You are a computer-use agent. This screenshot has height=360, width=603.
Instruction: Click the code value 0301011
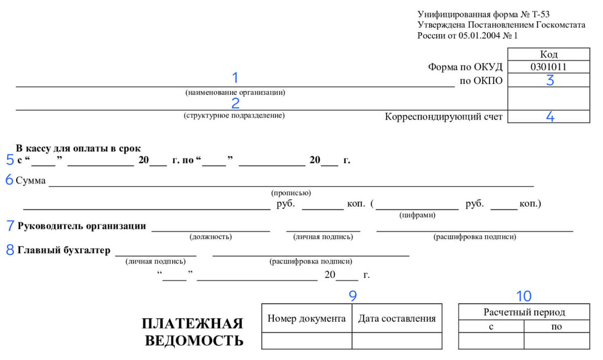tap(549, 67)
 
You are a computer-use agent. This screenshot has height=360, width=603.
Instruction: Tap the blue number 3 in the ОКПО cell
tap(550, 80)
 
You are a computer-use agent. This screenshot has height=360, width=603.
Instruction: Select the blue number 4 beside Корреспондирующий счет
tap(550, 117)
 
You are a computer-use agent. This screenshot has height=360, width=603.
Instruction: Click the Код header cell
tap(549, 54)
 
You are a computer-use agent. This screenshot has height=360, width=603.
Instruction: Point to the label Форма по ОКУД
tap(465, 67)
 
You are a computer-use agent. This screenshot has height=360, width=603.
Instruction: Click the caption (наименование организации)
tap(235, 93)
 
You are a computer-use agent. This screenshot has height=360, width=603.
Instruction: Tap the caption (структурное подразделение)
tap(234, 116)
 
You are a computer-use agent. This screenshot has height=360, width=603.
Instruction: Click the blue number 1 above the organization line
tap(235, 78)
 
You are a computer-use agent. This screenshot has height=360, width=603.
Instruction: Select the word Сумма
tap(31, 181)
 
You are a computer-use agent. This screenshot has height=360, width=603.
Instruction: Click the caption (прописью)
tap(291, 193)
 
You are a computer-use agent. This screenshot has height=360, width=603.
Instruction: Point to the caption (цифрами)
tap(418, 215)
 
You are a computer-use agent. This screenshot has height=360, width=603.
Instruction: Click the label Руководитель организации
tap(82, 226)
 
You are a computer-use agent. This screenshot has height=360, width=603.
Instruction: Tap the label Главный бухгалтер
tap(64, 250)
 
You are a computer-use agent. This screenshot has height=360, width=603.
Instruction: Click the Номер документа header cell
tap(307, 318)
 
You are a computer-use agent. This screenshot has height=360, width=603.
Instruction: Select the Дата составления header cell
tap(396, 318)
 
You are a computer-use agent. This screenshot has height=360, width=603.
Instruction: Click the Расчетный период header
tap(524, 312)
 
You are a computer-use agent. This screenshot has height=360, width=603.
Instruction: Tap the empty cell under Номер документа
tap(307, 340)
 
